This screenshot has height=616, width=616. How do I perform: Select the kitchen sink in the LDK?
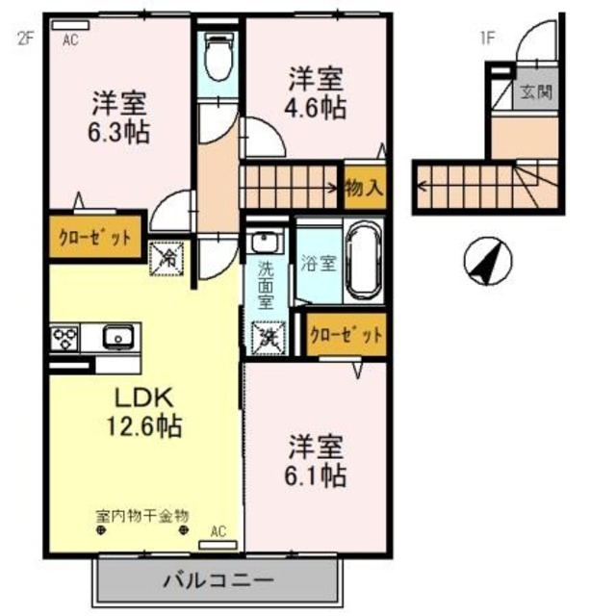point(117,338)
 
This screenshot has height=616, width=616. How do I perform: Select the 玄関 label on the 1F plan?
point(535,93)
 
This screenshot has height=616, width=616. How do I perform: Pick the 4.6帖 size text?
point(314,107)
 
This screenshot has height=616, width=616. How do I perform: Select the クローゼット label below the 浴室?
point(346,336)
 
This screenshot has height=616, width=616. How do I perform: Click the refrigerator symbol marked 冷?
point(167,259)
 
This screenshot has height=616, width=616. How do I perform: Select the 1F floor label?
point(488,39)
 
